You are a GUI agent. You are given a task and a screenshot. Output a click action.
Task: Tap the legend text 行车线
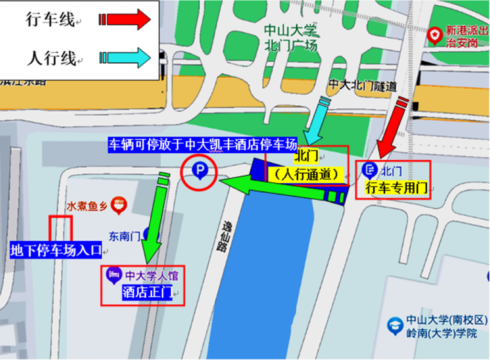click(x=50, y=20)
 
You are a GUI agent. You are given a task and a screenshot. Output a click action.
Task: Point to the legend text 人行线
click(x=51, y=58)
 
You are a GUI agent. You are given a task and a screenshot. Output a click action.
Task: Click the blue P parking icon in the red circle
click(x=199, y=170)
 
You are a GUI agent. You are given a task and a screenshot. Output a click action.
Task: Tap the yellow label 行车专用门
click(x=396, y=188)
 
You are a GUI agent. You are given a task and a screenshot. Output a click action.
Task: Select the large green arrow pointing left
click(x=282, y=189)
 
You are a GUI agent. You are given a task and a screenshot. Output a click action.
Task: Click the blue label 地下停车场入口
click(x=56, y=249)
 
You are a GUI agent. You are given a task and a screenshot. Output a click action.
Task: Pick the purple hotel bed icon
click(x=113, y=274)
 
